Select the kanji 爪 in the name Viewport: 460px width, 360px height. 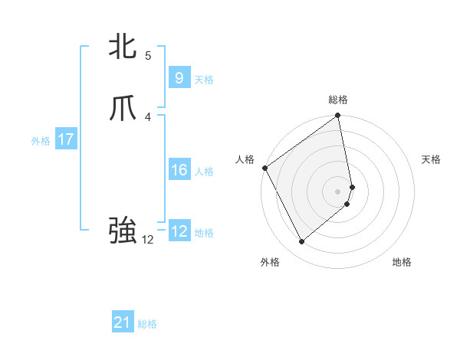click(x=123, y=110)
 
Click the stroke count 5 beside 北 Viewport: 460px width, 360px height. click(x=148, y=55)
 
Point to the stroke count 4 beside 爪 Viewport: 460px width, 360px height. click(x=148, y=116)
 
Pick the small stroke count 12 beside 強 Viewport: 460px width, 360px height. click(x=148, y=240)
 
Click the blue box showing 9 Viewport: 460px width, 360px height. click(x=179, y=78)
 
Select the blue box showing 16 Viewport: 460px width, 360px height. click(x=179, y=170)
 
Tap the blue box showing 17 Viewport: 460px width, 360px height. click(x=66, y=139)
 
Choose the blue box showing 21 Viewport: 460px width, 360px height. click(x=123, y=323)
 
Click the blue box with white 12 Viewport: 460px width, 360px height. click(x=179, y=231)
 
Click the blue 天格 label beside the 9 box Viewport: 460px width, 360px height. click(x=204, y=80)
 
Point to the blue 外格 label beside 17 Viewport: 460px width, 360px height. click(x=41, y=141)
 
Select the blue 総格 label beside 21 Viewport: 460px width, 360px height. click(x=147, y=324)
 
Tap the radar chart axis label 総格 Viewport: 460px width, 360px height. click(x=338, y=100)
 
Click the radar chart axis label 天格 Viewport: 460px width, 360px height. click(x=431, y=159)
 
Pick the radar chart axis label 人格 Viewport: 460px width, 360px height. click(x=245, y=159)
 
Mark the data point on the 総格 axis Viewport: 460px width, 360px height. click(x=338, y=116)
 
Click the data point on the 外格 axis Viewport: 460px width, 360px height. click(x=301, y=242)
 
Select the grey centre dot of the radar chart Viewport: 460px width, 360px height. click(x=338, y=191)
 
